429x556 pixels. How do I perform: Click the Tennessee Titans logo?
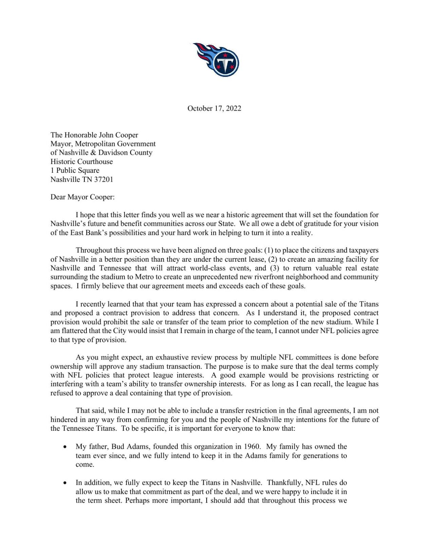pos(216,60)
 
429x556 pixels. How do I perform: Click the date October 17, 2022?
pos(214,108)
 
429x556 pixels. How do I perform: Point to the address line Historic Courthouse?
pos(81,162)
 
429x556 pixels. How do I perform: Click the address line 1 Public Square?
pos(75,170)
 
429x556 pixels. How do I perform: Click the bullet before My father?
pos(65,447)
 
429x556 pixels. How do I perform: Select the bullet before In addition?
pos(65,483)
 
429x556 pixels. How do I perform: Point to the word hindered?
pos(64,420)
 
